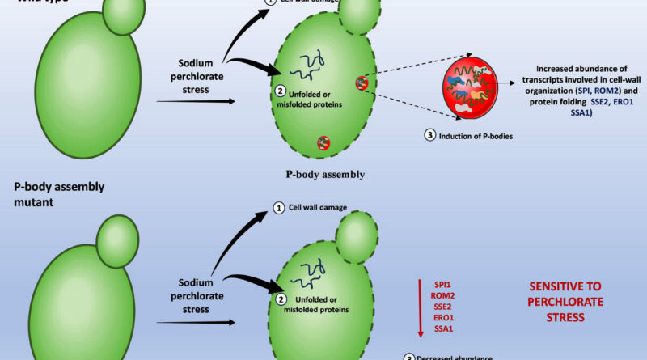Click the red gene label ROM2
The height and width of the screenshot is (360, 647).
444,294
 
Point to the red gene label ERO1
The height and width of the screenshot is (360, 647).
444,317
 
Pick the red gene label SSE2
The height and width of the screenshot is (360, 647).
444,306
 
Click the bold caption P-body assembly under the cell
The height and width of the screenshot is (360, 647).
325,173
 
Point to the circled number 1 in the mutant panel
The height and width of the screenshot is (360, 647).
280,208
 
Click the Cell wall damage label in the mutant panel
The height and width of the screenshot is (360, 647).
319,208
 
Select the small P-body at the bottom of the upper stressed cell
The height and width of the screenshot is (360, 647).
323,142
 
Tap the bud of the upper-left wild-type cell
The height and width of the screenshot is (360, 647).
124,15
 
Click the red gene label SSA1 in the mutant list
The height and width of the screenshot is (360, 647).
444,328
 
